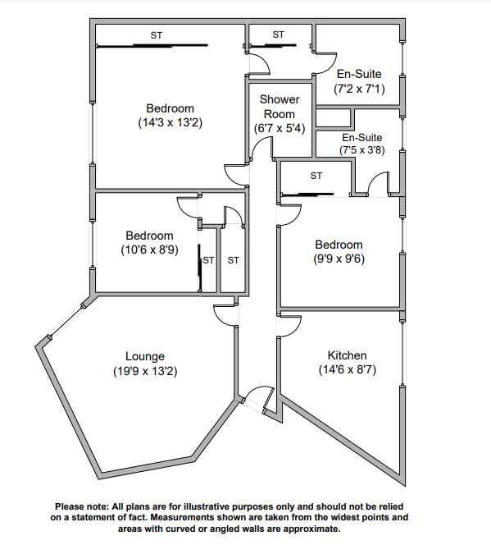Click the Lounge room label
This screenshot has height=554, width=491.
click(x=145, y=356)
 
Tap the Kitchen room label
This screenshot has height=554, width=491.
click(x=347, y=355)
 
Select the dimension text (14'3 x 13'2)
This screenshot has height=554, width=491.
click(x=170, y=123)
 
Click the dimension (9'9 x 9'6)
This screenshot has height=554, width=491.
click(x=339, y=259)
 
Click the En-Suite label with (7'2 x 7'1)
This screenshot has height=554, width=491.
click(x=358, y=74)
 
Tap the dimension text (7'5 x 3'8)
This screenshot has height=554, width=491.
click(x=361, y=151)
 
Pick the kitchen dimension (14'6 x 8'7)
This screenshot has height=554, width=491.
click(x=347, y=370)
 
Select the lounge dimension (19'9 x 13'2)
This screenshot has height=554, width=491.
click(x=145, y=371)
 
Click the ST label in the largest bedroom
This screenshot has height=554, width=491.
click(x=157, y=35)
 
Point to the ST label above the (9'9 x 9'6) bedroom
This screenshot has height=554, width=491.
click(x=316, y=176)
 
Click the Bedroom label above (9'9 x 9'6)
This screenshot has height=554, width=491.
click(x=339, y=245)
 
